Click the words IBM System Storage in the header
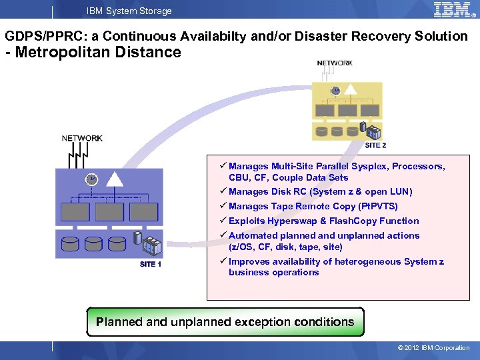pyautogui.click(x=129, y=11)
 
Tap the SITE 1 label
pyautogui.click(x=150, y=264)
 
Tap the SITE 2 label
pyautogui.click(x=375, y=145)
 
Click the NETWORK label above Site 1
pyautogui.click(x=82, y=139)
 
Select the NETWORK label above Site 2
pyautogui.click(x=335, y=63)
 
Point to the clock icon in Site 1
pyautogui.click(x=91, y=179)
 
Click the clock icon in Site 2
pyautogui.click(x=336, y=91)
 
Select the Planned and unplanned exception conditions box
pyautogui.click(x=225, y=322)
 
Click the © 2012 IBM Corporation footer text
pyautogui.click(x=433, y=347)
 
